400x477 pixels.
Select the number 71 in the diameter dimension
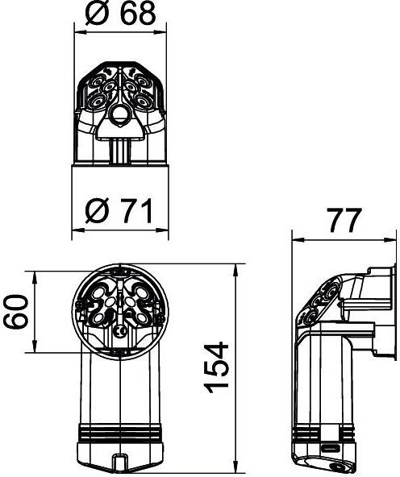pos(136,211)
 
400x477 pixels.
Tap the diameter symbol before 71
pos(97,211)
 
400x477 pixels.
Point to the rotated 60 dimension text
pos(16,311)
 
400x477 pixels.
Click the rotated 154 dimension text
pos(216,367)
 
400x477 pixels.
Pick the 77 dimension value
pos(344,220)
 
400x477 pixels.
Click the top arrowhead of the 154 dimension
pos(236,270)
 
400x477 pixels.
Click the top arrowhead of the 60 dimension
pos(35,277)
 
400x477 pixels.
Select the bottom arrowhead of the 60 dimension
pos(35,346)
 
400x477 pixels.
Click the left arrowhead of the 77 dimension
pos(298,240)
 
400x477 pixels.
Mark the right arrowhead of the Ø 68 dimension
pos(160,31)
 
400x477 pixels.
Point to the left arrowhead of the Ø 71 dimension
pos(78,230)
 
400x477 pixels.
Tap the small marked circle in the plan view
pos(119,331)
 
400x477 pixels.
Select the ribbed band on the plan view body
pos(120,432)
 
